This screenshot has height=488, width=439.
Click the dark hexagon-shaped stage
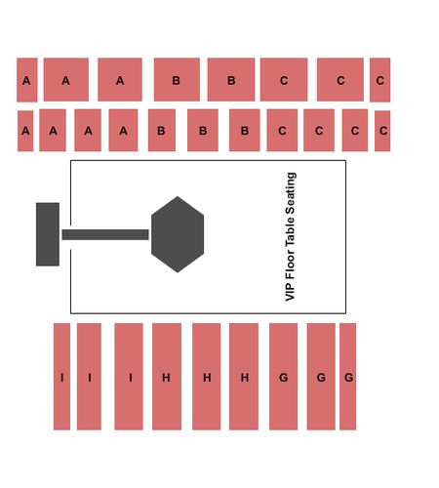tap(178, 234)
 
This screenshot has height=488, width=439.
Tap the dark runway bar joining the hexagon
tap(105, 234)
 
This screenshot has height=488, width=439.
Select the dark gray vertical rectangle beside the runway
tap(48, 234)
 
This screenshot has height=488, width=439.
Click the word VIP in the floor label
tap(290, 292)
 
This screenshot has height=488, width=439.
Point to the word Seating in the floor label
tap(290, 192)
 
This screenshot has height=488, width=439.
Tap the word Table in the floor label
tap(290, 231)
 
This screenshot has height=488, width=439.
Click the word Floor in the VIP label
tap(290, 264)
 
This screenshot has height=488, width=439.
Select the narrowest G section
tap(348, 377)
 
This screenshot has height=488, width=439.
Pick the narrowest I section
tap(61, 377)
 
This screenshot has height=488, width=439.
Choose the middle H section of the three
tap(207, 377)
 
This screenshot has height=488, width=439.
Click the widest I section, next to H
tap(129, 377)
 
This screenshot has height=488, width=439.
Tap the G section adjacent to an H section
tap(283, 377)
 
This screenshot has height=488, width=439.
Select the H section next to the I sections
tap(167, 377)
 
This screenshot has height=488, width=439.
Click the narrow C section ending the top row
tap(380, 80)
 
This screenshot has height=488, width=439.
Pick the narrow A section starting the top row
tap(27, 80)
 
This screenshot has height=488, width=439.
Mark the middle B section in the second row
tap(203, 130)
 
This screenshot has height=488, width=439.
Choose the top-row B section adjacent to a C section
tap(231, 80)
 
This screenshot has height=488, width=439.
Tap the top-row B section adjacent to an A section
tap(177, 80)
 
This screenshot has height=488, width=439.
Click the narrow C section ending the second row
tap(382, 131)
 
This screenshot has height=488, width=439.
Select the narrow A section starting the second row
tap(25, 131)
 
